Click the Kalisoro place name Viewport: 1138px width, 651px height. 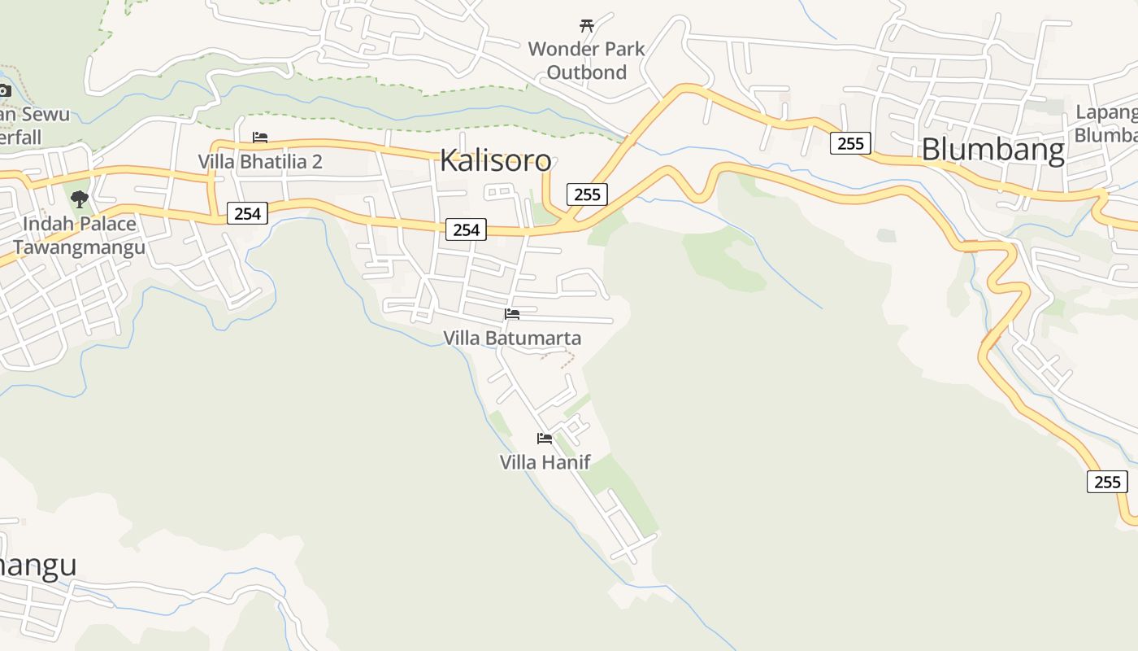pos(495,160)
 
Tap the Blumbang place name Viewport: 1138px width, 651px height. pos(992,151)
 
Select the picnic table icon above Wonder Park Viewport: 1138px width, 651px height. pos(587,25)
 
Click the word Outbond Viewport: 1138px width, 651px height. pos(587,72)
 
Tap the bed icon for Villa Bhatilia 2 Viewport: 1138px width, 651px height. pos(260,138)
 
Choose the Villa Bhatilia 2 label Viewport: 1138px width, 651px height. pos(260,162)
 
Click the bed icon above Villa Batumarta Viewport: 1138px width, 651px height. pos(512,313)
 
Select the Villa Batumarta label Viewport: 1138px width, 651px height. pos(512,338)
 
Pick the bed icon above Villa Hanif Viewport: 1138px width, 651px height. pos(545,438)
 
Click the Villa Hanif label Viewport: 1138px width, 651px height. pos(545,462)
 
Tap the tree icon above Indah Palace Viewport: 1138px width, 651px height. pos(79,199)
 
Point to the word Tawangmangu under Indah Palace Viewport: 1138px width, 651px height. pos(79,247)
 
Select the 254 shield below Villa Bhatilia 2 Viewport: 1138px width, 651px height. pos(247,213)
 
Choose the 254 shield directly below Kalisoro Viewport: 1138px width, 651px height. pos(466,229)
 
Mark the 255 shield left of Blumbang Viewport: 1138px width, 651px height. pos(850,143)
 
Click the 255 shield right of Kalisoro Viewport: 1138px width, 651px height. pos(587,194)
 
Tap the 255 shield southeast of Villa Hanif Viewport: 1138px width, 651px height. pos(1107,482)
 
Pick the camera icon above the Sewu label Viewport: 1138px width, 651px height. pos(4,90)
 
